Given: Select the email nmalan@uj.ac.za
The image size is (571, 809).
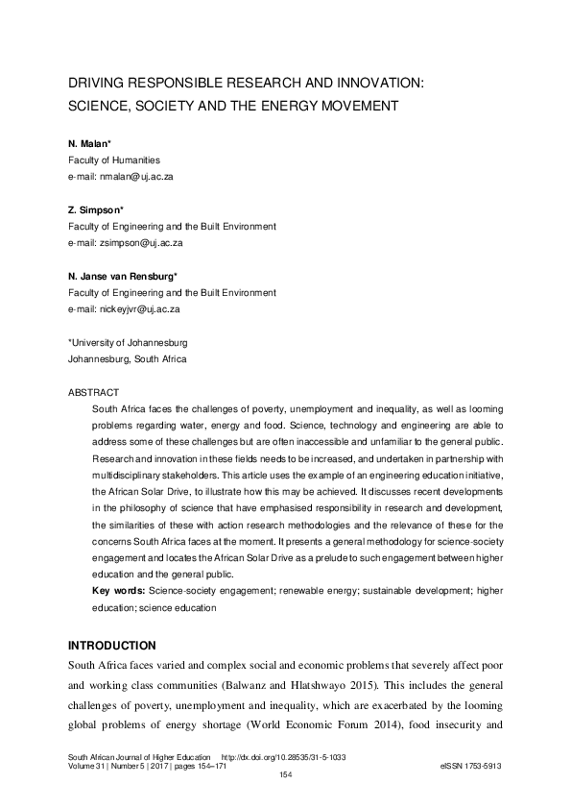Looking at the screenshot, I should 135,177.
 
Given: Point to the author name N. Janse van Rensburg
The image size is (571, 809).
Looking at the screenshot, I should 129,277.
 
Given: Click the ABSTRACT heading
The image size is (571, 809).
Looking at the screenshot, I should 92,392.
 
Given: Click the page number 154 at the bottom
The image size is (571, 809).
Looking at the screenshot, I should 285,775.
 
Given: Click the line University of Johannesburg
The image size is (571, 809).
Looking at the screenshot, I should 128,343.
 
